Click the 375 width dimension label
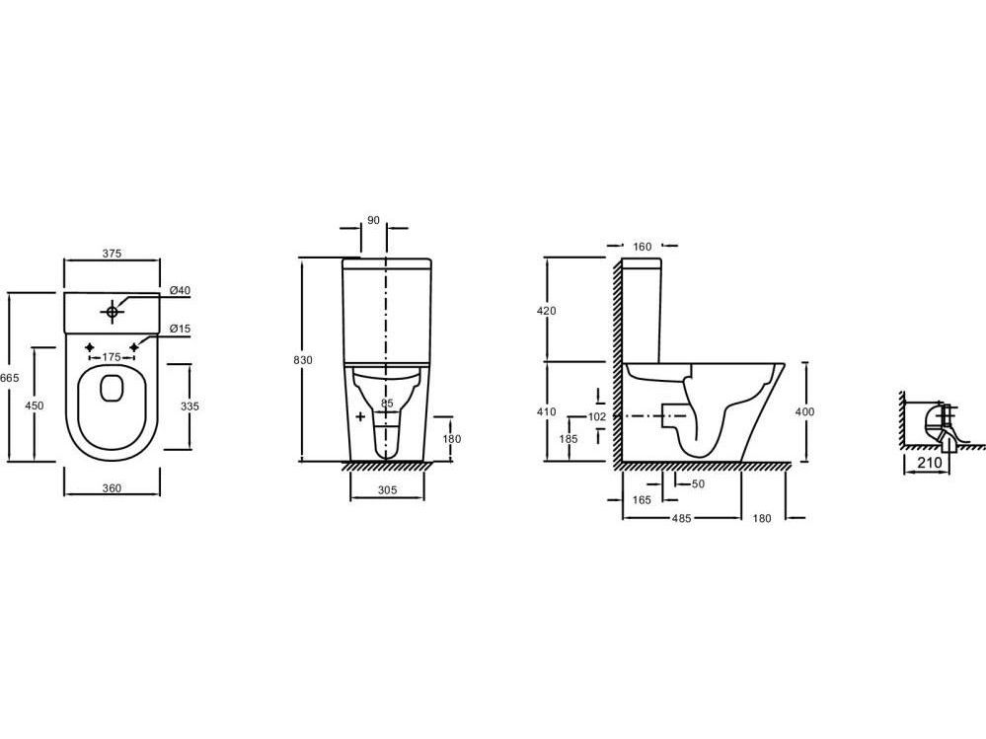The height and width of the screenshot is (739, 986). (x=112, y=254)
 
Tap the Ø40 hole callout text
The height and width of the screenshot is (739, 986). (x=180, y=290)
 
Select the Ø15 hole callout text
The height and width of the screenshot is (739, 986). (x=180, y=329)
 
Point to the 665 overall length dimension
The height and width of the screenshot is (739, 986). (x=10, y=378)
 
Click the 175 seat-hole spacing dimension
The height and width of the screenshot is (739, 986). (x=112, y=357)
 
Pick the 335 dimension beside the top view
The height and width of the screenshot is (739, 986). (x=190, y=406)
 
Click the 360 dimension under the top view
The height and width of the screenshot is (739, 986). (x=112, y=488)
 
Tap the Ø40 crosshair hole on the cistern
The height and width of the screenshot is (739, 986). (x=112, y=311)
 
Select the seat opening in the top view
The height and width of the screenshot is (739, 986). (x=112, y=389)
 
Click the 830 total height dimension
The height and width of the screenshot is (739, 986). (x=302, y=360)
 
